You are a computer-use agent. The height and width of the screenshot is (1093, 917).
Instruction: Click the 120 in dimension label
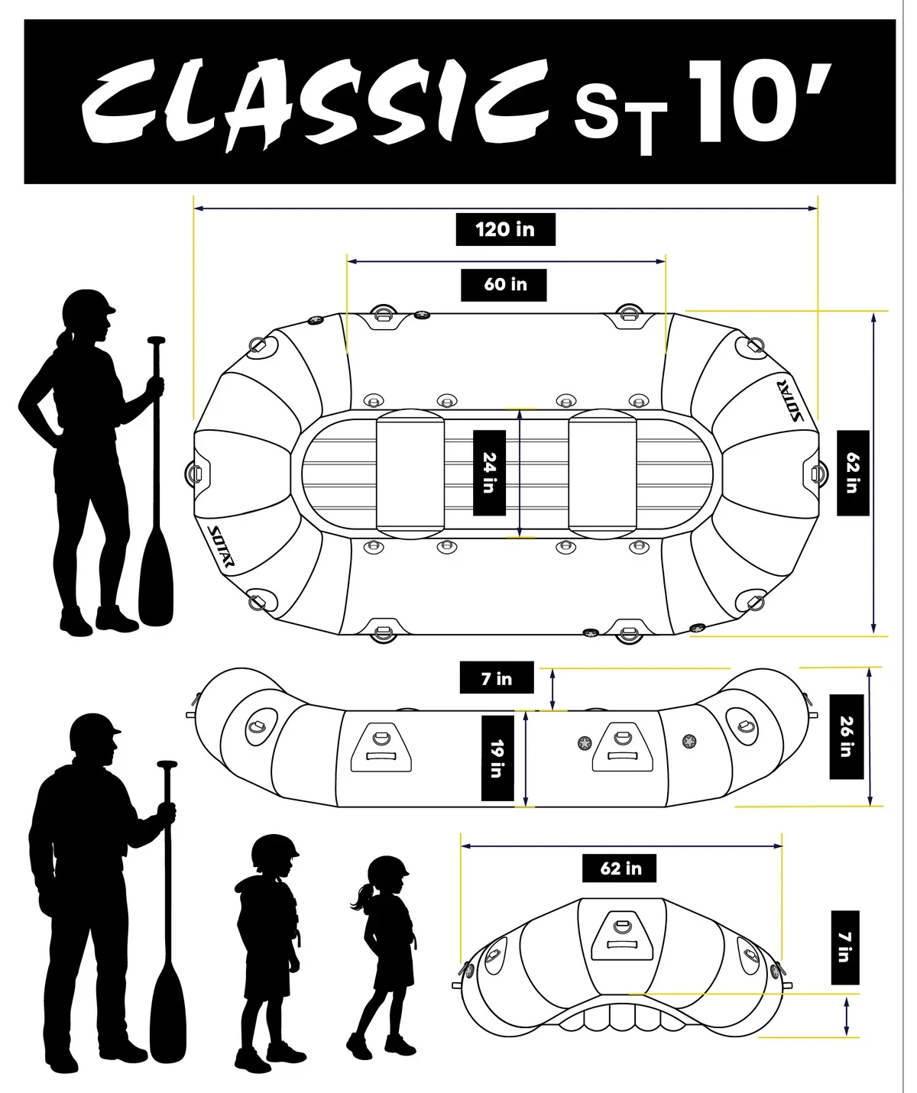coord(505,229)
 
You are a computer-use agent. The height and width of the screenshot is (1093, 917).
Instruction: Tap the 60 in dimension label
coord(504,285)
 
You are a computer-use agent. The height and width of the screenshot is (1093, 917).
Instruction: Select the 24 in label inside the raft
coord(489,473)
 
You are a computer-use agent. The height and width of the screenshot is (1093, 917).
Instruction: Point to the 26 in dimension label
coord(846,737)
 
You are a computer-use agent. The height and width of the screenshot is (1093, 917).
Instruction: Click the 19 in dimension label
coord(497,758)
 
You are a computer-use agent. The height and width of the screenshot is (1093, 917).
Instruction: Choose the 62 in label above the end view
coord(619,868)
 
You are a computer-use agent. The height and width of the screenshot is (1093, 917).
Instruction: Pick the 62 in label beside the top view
coord(853,474)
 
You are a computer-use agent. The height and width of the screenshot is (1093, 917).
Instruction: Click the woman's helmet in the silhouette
coord(87,307)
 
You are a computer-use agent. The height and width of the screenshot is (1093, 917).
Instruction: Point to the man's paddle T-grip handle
coord(167,765)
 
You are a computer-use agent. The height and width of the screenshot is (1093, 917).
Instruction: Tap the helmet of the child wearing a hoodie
coord(274,850)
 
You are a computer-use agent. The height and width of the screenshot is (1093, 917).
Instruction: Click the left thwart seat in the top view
coord(410,474)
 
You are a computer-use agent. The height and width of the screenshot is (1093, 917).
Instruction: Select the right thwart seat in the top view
coord(602,474)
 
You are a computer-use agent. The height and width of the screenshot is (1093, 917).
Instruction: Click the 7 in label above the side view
coord(497,679)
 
